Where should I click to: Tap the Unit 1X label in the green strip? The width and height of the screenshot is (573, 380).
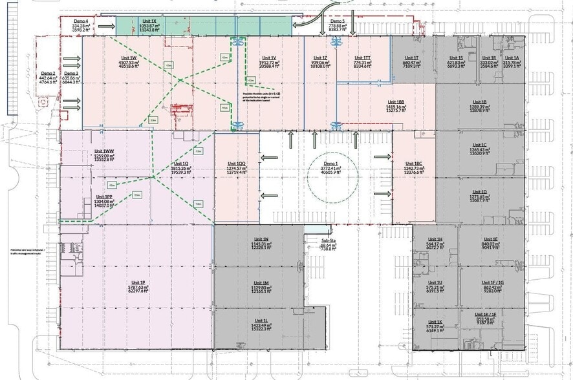pyautogui.click(x=148, y=21)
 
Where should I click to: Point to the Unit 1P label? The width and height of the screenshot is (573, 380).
pyautogui.click(x=137, y=283)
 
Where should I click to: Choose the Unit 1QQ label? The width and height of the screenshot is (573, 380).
pyautogui.click(x=236, y=164)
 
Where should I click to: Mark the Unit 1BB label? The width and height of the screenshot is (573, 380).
pyautogui.click(x=396, y=101)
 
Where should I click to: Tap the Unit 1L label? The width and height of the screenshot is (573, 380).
pyautogui.click(x=261, y=320)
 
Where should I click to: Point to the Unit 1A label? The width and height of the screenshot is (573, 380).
pyautogui.click(x=517, y=58)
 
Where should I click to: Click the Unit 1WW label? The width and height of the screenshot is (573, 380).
pyautogui.click(x=103, y=151)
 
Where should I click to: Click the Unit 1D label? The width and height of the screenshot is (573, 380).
pyautogui.click(x=479, y=191)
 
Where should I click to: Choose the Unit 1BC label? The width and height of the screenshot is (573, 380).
pyautogui.click(x=413, y=164)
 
